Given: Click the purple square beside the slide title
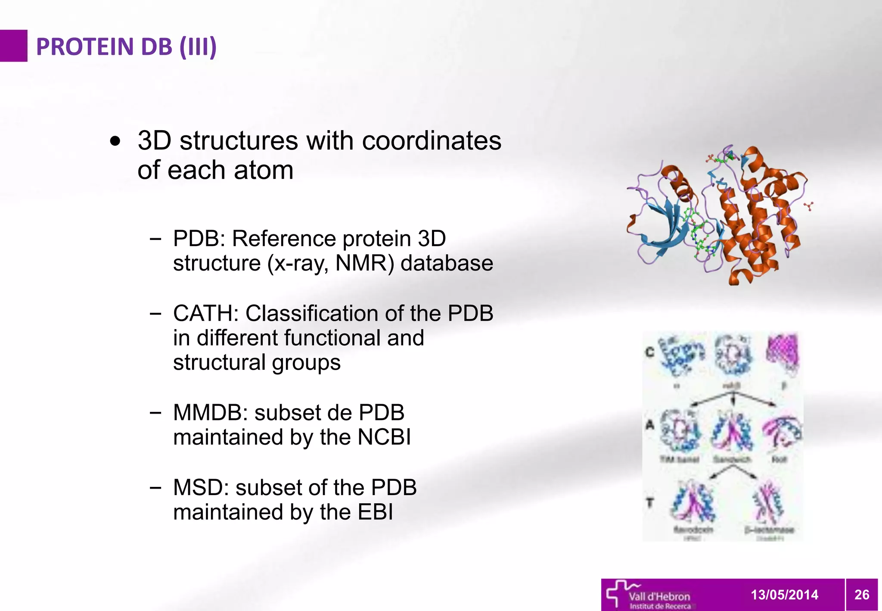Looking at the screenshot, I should (13, 46).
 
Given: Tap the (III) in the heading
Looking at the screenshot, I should (198, 47).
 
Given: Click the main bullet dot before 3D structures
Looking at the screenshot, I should (115, 141).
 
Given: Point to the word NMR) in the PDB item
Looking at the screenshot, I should (364, 263).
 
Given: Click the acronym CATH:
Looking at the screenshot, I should (206, 313).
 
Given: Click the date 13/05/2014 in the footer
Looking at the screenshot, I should (784, 595).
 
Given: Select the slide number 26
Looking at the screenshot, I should (862, 595).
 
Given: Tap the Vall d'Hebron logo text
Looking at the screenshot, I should (659, 596).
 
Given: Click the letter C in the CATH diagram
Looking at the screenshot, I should (650, 352).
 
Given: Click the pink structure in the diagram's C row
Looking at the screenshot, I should (783, 352).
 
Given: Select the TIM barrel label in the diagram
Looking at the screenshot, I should (679, 460).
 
